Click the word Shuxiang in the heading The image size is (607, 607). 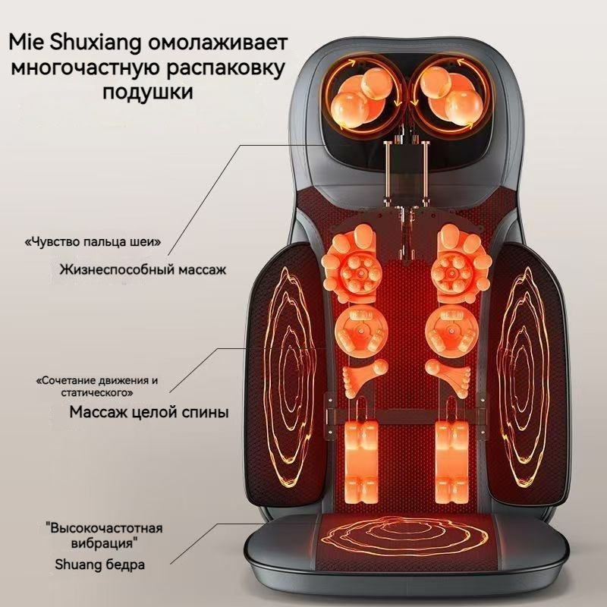(96, 42)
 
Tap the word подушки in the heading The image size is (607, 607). (148, 93)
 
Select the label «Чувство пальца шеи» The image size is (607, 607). (93, 242)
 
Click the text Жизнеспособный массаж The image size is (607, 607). (143, 269)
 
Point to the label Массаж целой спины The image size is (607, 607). (149, 412)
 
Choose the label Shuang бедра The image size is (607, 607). (100, 565)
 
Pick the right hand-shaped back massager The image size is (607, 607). (462, 263)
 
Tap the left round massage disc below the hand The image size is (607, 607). (361, 330)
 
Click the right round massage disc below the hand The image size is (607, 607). (451, 330)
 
